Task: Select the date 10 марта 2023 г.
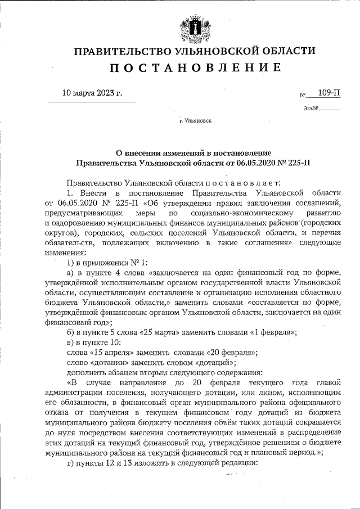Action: coord(91,92)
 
